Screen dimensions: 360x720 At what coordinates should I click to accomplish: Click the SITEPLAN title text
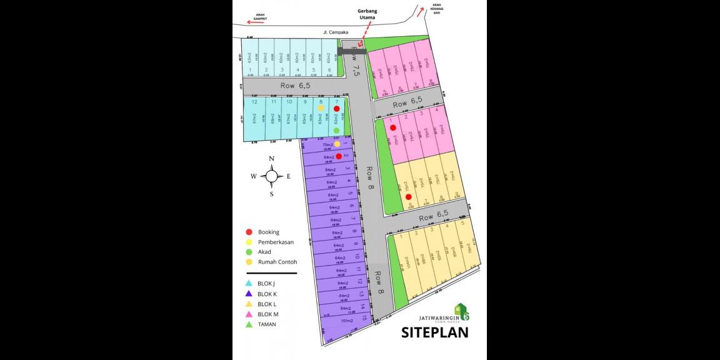[434, 332]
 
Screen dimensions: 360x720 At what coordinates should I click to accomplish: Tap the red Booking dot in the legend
[249, 232]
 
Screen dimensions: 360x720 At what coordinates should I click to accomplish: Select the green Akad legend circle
[249, 252]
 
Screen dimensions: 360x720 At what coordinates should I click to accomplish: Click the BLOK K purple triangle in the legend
[249, 294]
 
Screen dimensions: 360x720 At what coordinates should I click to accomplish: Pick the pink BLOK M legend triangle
[249, 314]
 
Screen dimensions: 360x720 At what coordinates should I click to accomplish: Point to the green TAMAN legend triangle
[249, 324]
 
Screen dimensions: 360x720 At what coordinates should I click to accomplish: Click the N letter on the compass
[272, 159]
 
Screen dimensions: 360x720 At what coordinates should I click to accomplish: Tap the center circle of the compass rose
[272, 176]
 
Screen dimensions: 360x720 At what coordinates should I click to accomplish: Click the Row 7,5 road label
[356, 61]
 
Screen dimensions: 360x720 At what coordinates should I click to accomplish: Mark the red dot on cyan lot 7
[336, 109]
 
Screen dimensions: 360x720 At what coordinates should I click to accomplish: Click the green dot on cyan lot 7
[336, 130]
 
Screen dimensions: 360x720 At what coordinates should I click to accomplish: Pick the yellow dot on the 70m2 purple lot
[337, 144]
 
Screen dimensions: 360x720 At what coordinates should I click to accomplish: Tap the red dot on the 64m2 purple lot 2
[338, 156]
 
